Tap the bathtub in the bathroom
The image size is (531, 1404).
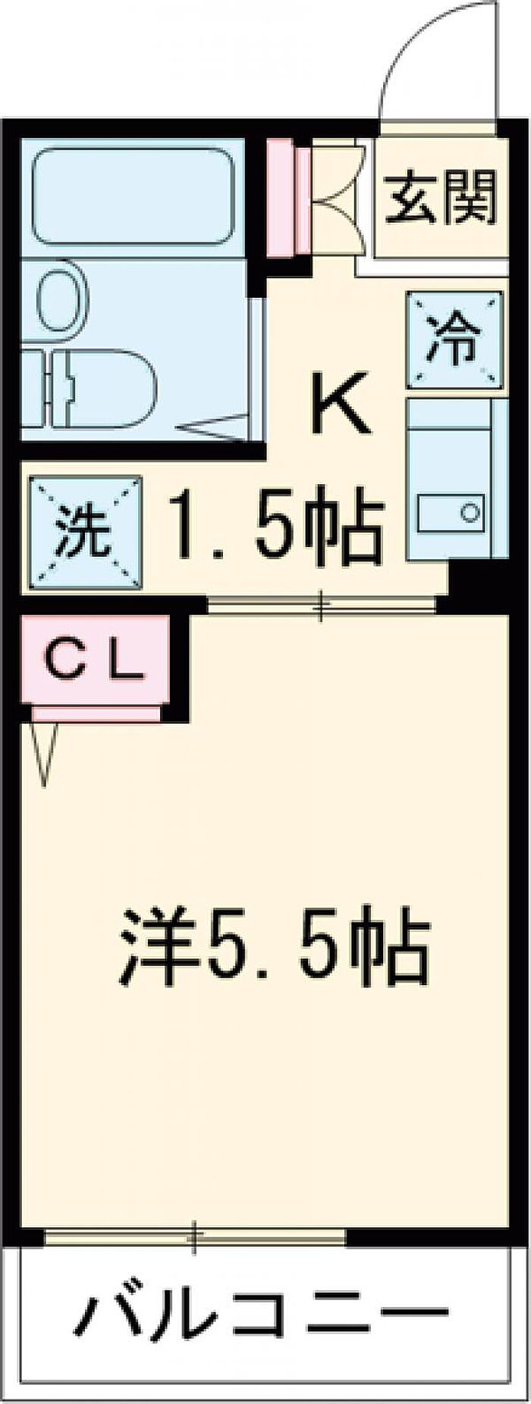(x=134, y=196)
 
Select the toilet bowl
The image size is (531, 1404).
(x=106, y=389)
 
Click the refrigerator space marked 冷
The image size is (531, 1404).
(x=455, y=340)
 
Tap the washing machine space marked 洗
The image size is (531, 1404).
(x=86, y=533)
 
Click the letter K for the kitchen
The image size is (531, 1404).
(x=343, y=402)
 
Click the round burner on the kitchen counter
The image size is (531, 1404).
(x=471, y=513)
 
